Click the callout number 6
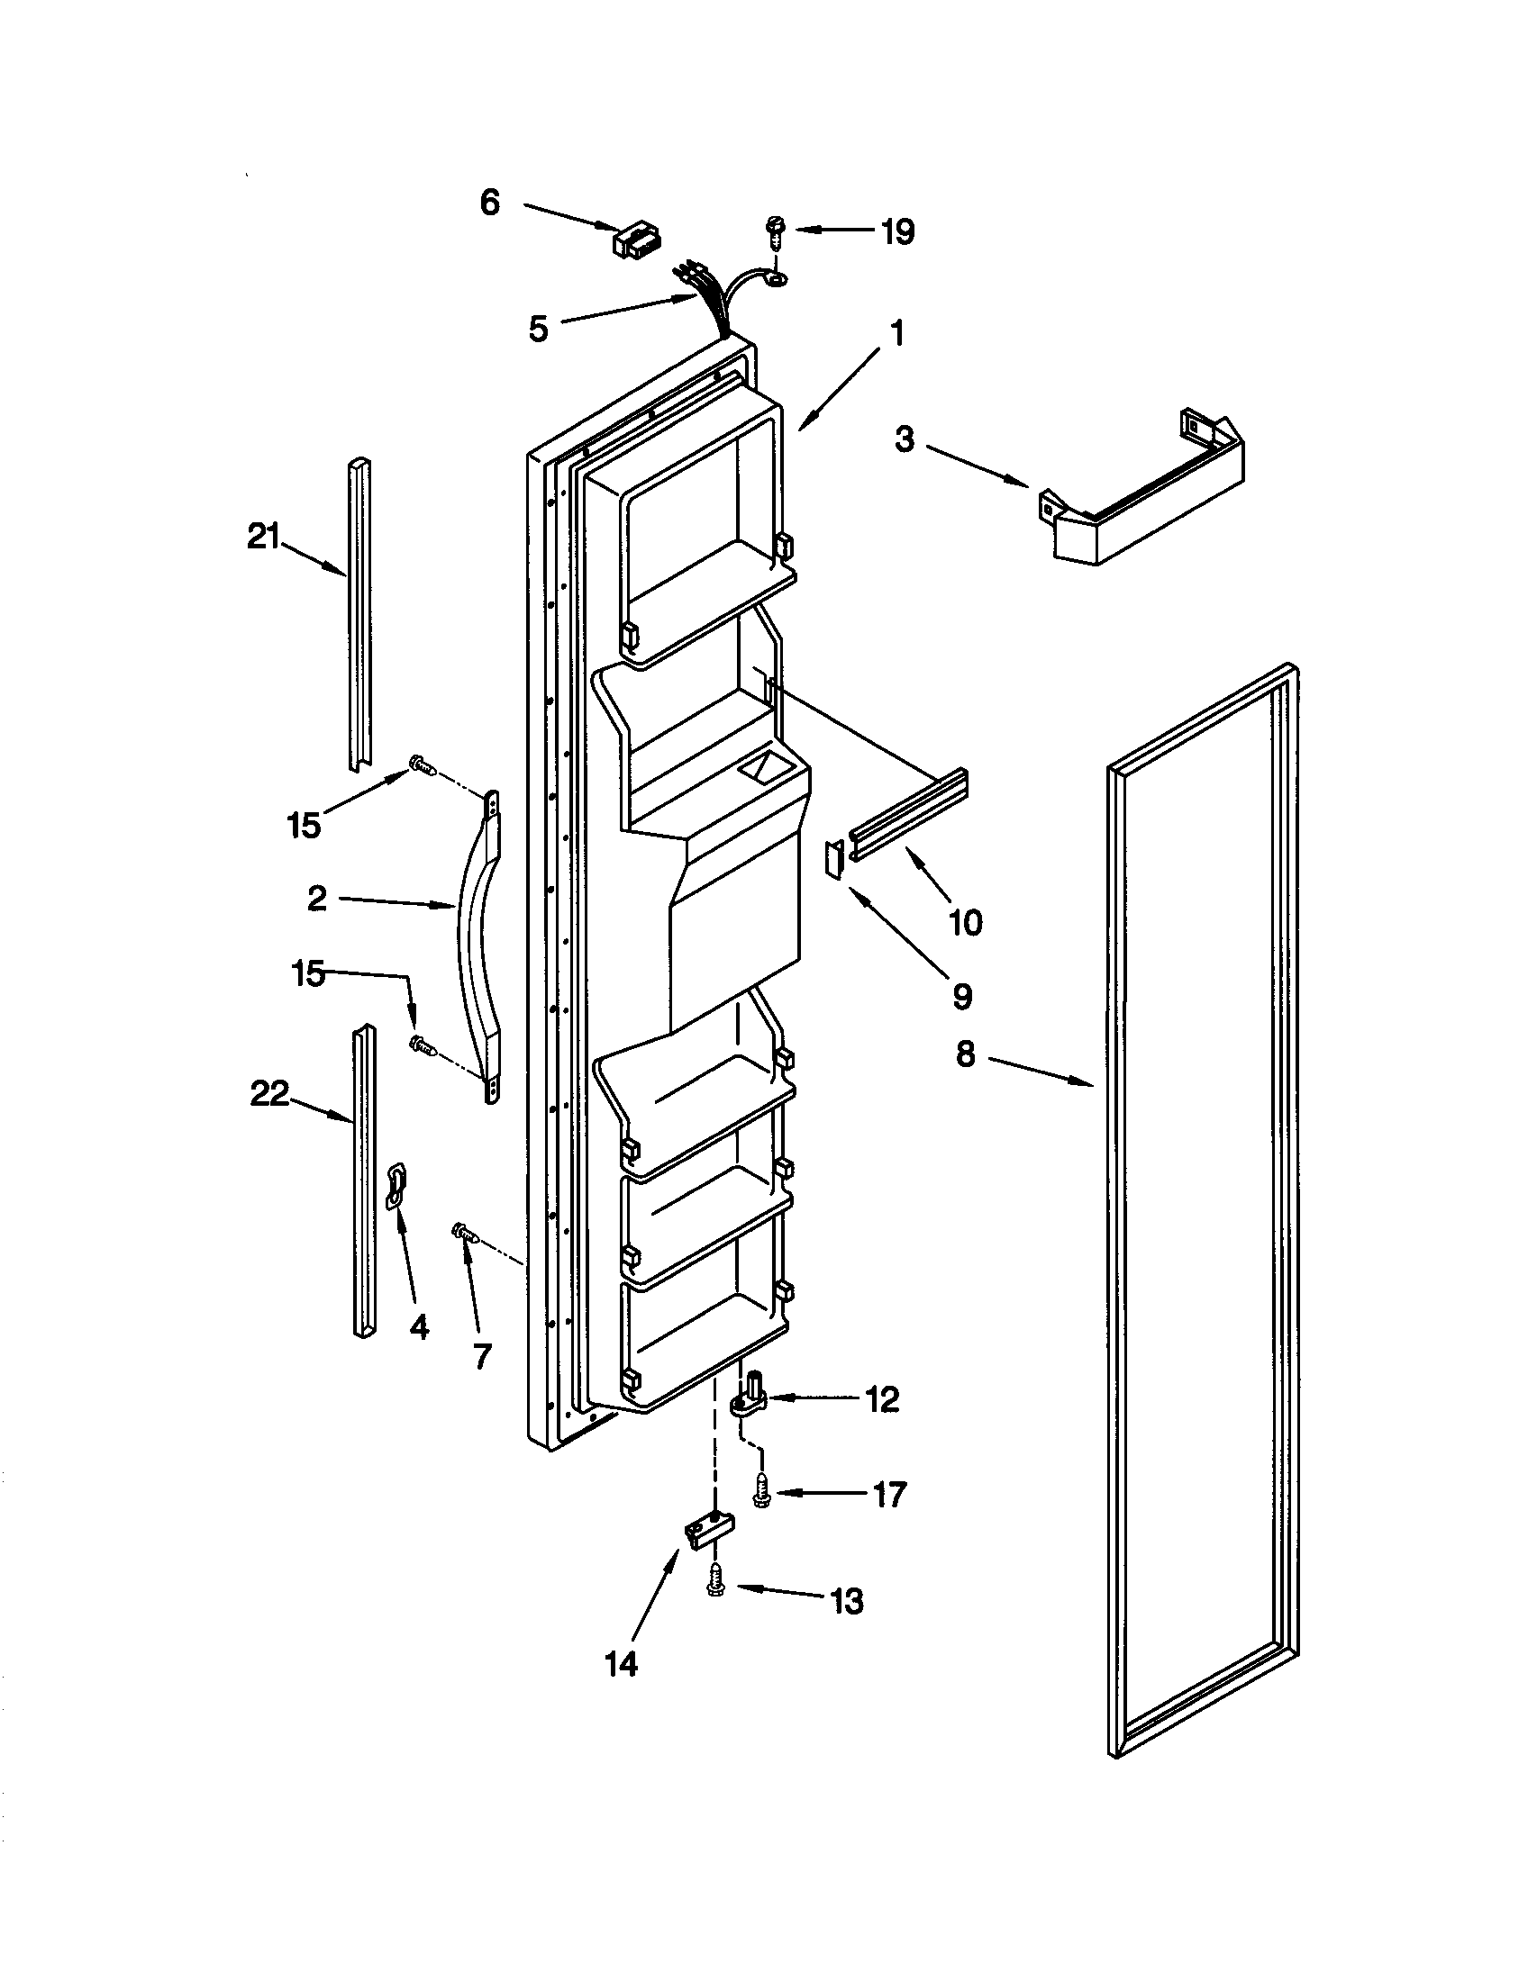490,203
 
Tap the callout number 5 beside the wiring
539,329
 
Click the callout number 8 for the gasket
965,1054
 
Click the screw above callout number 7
465,1232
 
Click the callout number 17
889,1494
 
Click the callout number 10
965,922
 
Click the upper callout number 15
304,826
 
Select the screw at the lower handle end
423,1045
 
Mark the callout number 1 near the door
896,334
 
